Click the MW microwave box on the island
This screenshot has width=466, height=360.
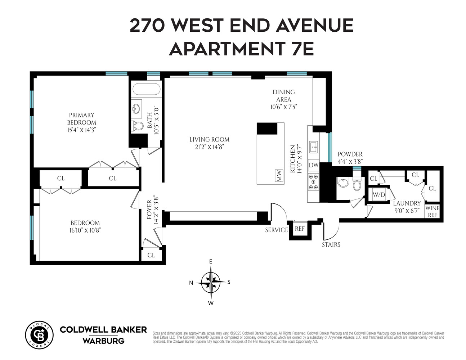point(279,176)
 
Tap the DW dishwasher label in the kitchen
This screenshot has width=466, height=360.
point(314,165)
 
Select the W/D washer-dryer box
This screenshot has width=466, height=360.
point(379,195)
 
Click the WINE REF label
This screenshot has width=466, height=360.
point(432,211)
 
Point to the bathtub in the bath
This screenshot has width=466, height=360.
point(146,89)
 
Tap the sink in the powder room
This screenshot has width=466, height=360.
point(342,183)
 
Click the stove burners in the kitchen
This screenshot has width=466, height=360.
point(314,182)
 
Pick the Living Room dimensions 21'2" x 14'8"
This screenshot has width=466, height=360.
point(209,147)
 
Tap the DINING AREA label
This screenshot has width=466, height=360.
point(284,96)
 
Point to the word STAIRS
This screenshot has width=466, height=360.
point(331,245)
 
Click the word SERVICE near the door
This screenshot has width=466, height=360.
point(277,230)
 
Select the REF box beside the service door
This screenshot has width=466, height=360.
point(300,229)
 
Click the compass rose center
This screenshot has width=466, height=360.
point(211,282)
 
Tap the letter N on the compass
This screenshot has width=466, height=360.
point(191,283)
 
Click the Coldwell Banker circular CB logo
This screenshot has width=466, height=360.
point(39,335)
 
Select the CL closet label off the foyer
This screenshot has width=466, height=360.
point(151,255)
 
